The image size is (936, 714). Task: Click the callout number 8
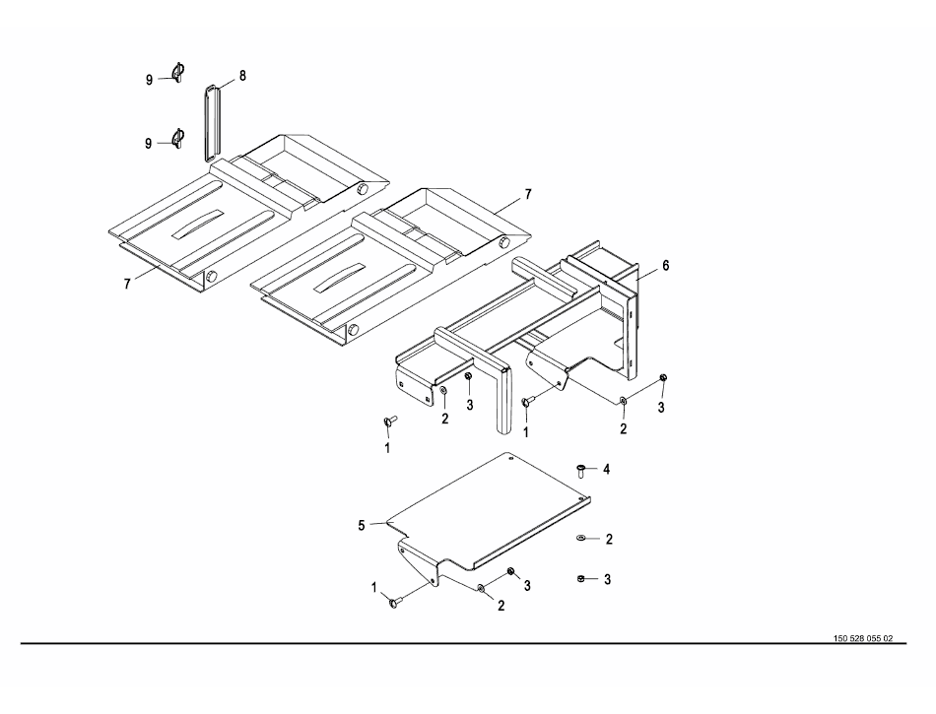coord(242,76)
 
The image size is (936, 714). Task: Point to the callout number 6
coord(666,266)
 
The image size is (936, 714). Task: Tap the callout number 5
coord(362,526)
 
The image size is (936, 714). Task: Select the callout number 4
coord(607,470)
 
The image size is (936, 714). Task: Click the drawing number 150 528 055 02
coord(863,638)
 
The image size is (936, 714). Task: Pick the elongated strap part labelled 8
coord(211,122)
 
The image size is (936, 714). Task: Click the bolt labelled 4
coord(581,470)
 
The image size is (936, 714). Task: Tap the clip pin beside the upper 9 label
coord(178,72)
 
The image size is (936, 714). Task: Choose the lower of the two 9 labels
coord(149,144)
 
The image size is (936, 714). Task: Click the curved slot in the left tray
coord(198,225)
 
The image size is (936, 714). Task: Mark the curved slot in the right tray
coord(340,278)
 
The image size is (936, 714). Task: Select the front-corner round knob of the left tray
coord(211,277)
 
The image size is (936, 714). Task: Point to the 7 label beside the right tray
coord(528,194)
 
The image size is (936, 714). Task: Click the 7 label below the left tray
coord(126,285)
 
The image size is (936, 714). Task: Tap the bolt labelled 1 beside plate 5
coord(396,603)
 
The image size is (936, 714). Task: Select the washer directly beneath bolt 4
coord(580,539)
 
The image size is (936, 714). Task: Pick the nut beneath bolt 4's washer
coord(581,579)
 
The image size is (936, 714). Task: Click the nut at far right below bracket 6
coord(663,377)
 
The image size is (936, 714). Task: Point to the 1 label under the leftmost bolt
coord(387,447)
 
